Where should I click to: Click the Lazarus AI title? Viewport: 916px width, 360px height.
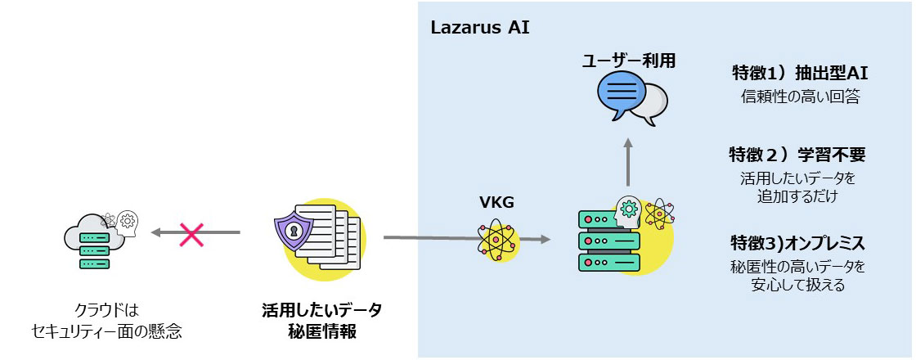click(x=480, y=28)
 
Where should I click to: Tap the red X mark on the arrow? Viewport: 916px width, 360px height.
click(x=191, y=235)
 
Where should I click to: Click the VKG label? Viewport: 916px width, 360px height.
click(x=496, y=202)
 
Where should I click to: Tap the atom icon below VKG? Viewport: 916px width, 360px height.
click(x=497, y=239)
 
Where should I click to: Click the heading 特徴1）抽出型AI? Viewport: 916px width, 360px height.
click(x=798, y=72)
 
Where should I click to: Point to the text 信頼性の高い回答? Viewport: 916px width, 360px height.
click(x=798, y=97)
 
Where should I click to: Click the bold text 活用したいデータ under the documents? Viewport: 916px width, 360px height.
click(x=321, y=311)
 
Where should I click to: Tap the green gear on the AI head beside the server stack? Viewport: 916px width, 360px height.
click(x=629, y=207)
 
